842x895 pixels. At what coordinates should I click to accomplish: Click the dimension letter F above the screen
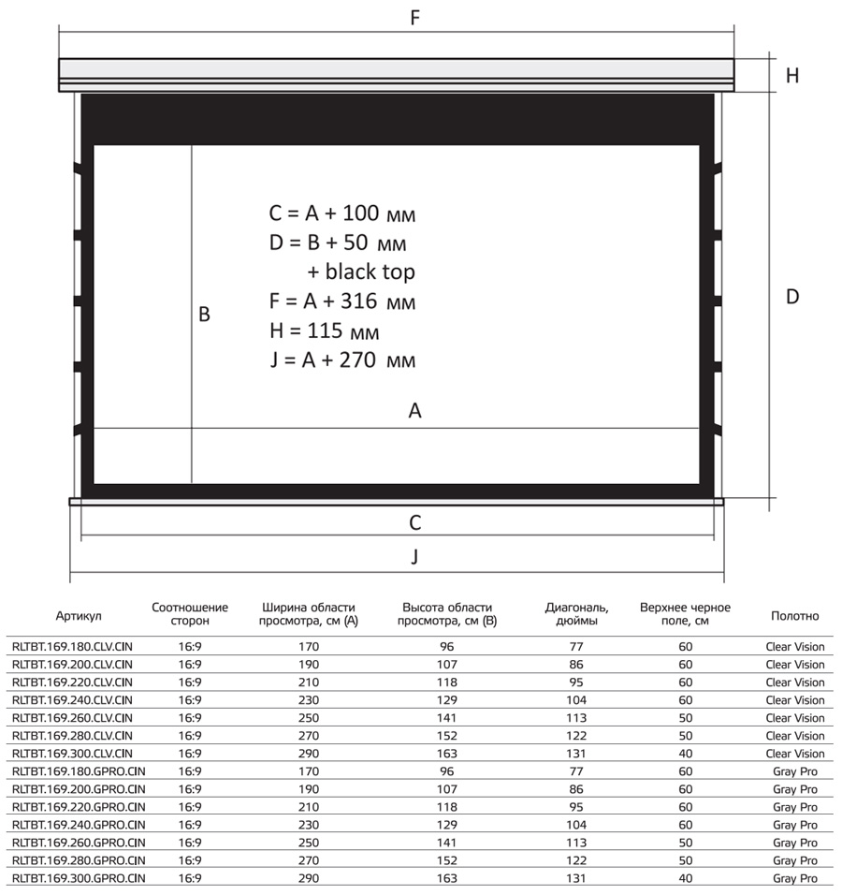pos(414,17)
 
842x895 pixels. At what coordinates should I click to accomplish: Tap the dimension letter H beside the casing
pos(792,76)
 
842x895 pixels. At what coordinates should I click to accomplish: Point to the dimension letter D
pos(792,297)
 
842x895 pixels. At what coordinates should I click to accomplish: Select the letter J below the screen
pos(414,556)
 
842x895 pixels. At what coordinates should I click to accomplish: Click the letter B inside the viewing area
pos(204,315)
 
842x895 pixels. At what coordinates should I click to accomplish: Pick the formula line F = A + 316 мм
pos(341,302)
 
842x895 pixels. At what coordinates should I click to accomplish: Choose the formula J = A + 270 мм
pos(341,360)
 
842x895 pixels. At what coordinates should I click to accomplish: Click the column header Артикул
pos(79,616)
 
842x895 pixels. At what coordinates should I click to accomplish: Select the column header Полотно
pos(794,616)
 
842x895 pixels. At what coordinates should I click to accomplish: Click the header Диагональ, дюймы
pos(577,613)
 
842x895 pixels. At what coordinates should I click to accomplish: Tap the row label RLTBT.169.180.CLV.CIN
pos(71,647)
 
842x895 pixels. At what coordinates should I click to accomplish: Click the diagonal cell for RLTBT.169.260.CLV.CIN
pos(577,718)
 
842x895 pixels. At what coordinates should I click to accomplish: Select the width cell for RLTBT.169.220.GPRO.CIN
pos(309,807)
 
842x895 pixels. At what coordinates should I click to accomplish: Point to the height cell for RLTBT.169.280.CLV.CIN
pos(446,736)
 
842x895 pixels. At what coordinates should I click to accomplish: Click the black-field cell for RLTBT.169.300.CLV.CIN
pos(685,754)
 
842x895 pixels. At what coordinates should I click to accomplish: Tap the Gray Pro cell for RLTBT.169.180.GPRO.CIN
pos(794,771)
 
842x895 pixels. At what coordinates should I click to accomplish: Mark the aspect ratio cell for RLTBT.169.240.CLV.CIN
pos(189,700)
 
